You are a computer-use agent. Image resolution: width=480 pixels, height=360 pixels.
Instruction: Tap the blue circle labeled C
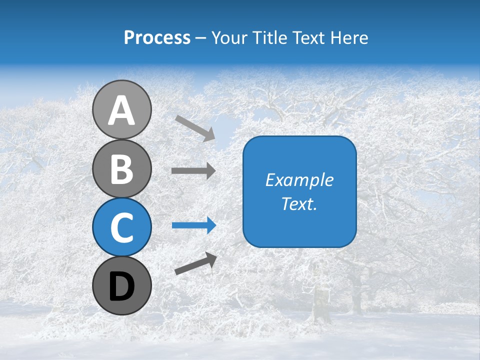[x=121, y=227]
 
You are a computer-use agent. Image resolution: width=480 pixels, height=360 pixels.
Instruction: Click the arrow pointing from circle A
[x=195, y=128]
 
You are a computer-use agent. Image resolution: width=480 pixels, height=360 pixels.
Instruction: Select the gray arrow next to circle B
[x=193, y=171]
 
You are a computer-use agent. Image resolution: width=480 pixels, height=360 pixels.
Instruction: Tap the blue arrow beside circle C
[x=193, y=225]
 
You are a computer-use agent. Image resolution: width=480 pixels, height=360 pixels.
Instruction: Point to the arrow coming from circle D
[x=195, y=263]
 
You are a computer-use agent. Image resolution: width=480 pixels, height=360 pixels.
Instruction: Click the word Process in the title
[x=157, y=38]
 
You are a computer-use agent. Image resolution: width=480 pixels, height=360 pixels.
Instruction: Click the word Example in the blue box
[x=299, y=180]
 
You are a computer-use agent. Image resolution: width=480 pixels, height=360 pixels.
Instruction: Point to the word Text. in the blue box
[x=299, y=204]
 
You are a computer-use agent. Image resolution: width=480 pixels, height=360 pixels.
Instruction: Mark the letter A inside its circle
[x=121, y=110]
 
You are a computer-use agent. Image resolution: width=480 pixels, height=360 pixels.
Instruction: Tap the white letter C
[x=121, y=227]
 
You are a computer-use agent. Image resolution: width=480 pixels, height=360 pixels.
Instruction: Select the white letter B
[x=121, y=169]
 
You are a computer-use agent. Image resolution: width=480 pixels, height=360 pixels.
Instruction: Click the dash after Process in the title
[x=201, y=38]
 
